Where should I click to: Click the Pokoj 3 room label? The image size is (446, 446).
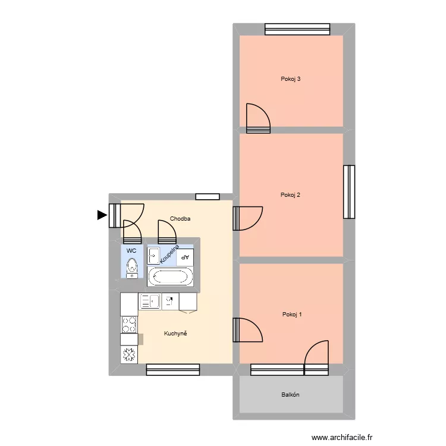(291, 79)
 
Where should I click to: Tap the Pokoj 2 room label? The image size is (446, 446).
(291, 195)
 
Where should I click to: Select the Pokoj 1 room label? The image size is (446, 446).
(292, 315)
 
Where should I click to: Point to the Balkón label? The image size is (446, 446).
(290, 395)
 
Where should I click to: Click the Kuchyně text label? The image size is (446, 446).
(175, 334)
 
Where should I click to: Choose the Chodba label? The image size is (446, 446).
(180, 219)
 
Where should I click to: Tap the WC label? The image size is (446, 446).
(131, 251)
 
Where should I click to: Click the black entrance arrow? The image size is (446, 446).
(102, 215)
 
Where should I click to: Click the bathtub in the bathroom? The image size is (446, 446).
(170, 276)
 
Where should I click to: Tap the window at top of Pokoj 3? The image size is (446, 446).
(297, 29)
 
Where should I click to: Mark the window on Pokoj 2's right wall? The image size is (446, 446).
(349, 191)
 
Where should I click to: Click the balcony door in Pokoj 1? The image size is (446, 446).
(316, 357)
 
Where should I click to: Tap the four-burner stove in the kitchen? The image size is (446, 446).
(129, 324)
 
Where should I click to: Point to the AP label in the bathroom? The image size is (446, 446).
(185, 257)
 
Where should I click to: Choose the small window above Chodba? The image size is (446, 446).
(208, 196)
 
